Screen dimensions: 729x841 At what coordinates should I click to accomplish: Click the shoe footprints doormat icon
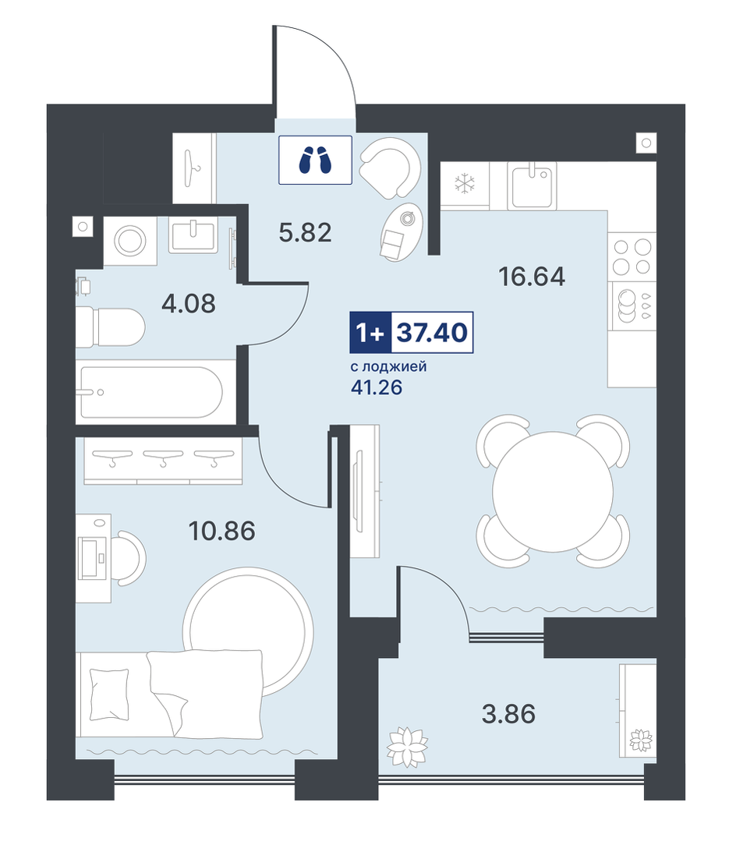pyautogui.click(x=315, y=160)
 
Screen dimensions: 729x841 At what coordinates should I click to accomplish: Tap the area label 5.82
pyautogui.click(x=305, y=233)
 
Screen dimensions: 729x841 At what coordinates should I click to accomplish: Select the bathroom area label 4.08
pyautogui.click(x=188, y=303)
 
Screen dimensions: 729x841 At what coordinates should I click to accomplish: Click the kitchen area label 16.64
pyautogui.click(x=532, y=277)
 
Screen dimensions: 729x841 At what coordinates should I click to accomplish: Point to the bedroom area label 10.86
pyautogui.click(x=221, y=531)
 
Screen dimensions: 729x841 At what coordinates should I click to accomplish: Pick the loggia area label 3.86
pyautogui.click(x=508, y=715)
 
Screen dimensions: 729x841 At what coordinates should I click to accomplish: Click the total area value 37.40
pyautogui.click(x=432, y=333)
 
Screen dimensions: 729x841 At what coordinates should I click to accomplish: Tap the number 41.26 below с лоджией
pyautogui.click(x=377, y=387)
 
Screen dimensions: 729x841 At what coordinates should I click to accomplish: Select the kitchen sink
pyautogui.click(x=532, y=186)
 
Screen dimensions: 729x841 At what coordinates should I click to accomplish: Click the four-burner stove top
pyautogui.click(x=632, y=256)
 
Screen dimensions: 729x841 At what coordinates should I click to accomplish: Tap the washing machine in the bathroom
pyautogui.click(x=129, y=241)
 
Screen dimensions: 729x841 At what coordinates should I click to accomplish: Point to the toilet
pyautogui.click(x=110, y=327)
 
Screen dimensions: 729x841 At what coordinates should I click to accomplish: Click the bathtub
pyautogui.click(x=150, y=392)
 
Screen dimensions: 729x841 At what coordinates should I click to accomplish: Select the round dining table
pyautogui.click(x=553, y=491)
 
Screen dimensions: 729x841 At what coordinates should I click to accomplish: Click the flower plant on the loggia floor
pyautogui.click(x=407, y=747)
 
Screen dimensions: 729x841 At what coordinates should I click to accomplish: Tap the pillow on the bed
pyautogui.click(x=109, y=694)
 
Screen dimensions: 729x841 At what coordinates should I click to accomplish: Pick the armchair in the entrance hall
pyautogui.click(x=390, y=167)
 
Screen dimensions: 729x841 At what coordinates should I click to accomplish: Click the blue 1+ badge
pyautogui.click(x=370, y=333)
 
